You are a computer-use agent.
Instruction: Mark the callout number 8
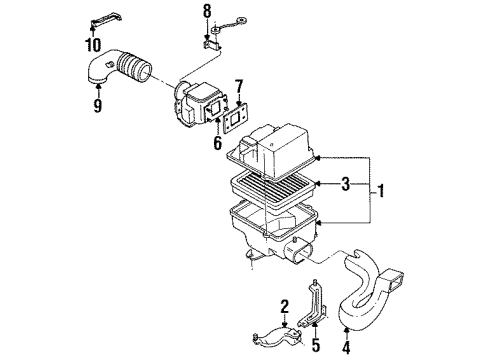click(x=208, y=12)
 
